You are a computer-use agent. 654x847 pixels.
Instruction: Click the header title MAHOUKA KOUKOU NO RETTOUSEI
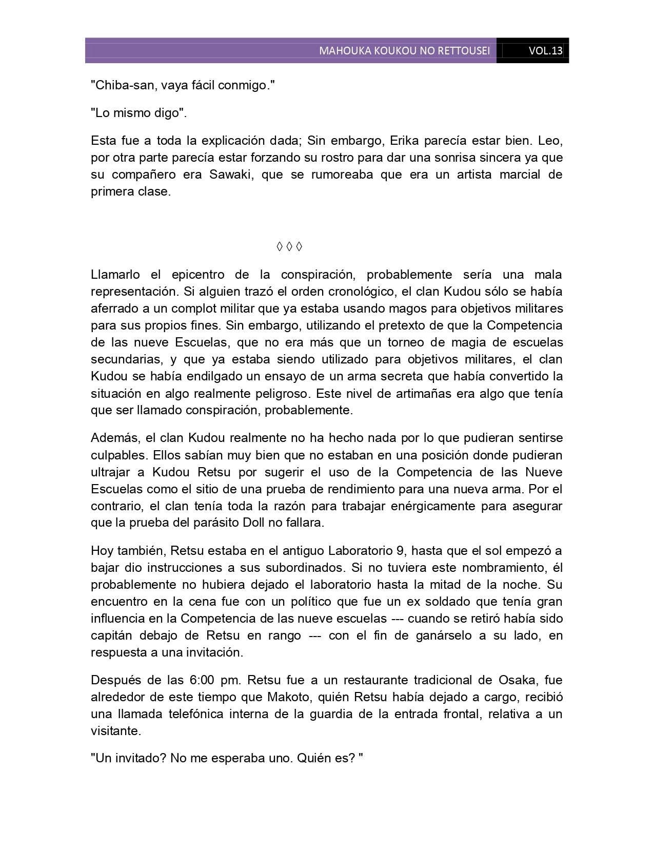(404, 51)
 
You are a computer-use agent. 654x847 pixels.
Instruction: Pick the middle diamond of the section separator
(289, 247)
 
